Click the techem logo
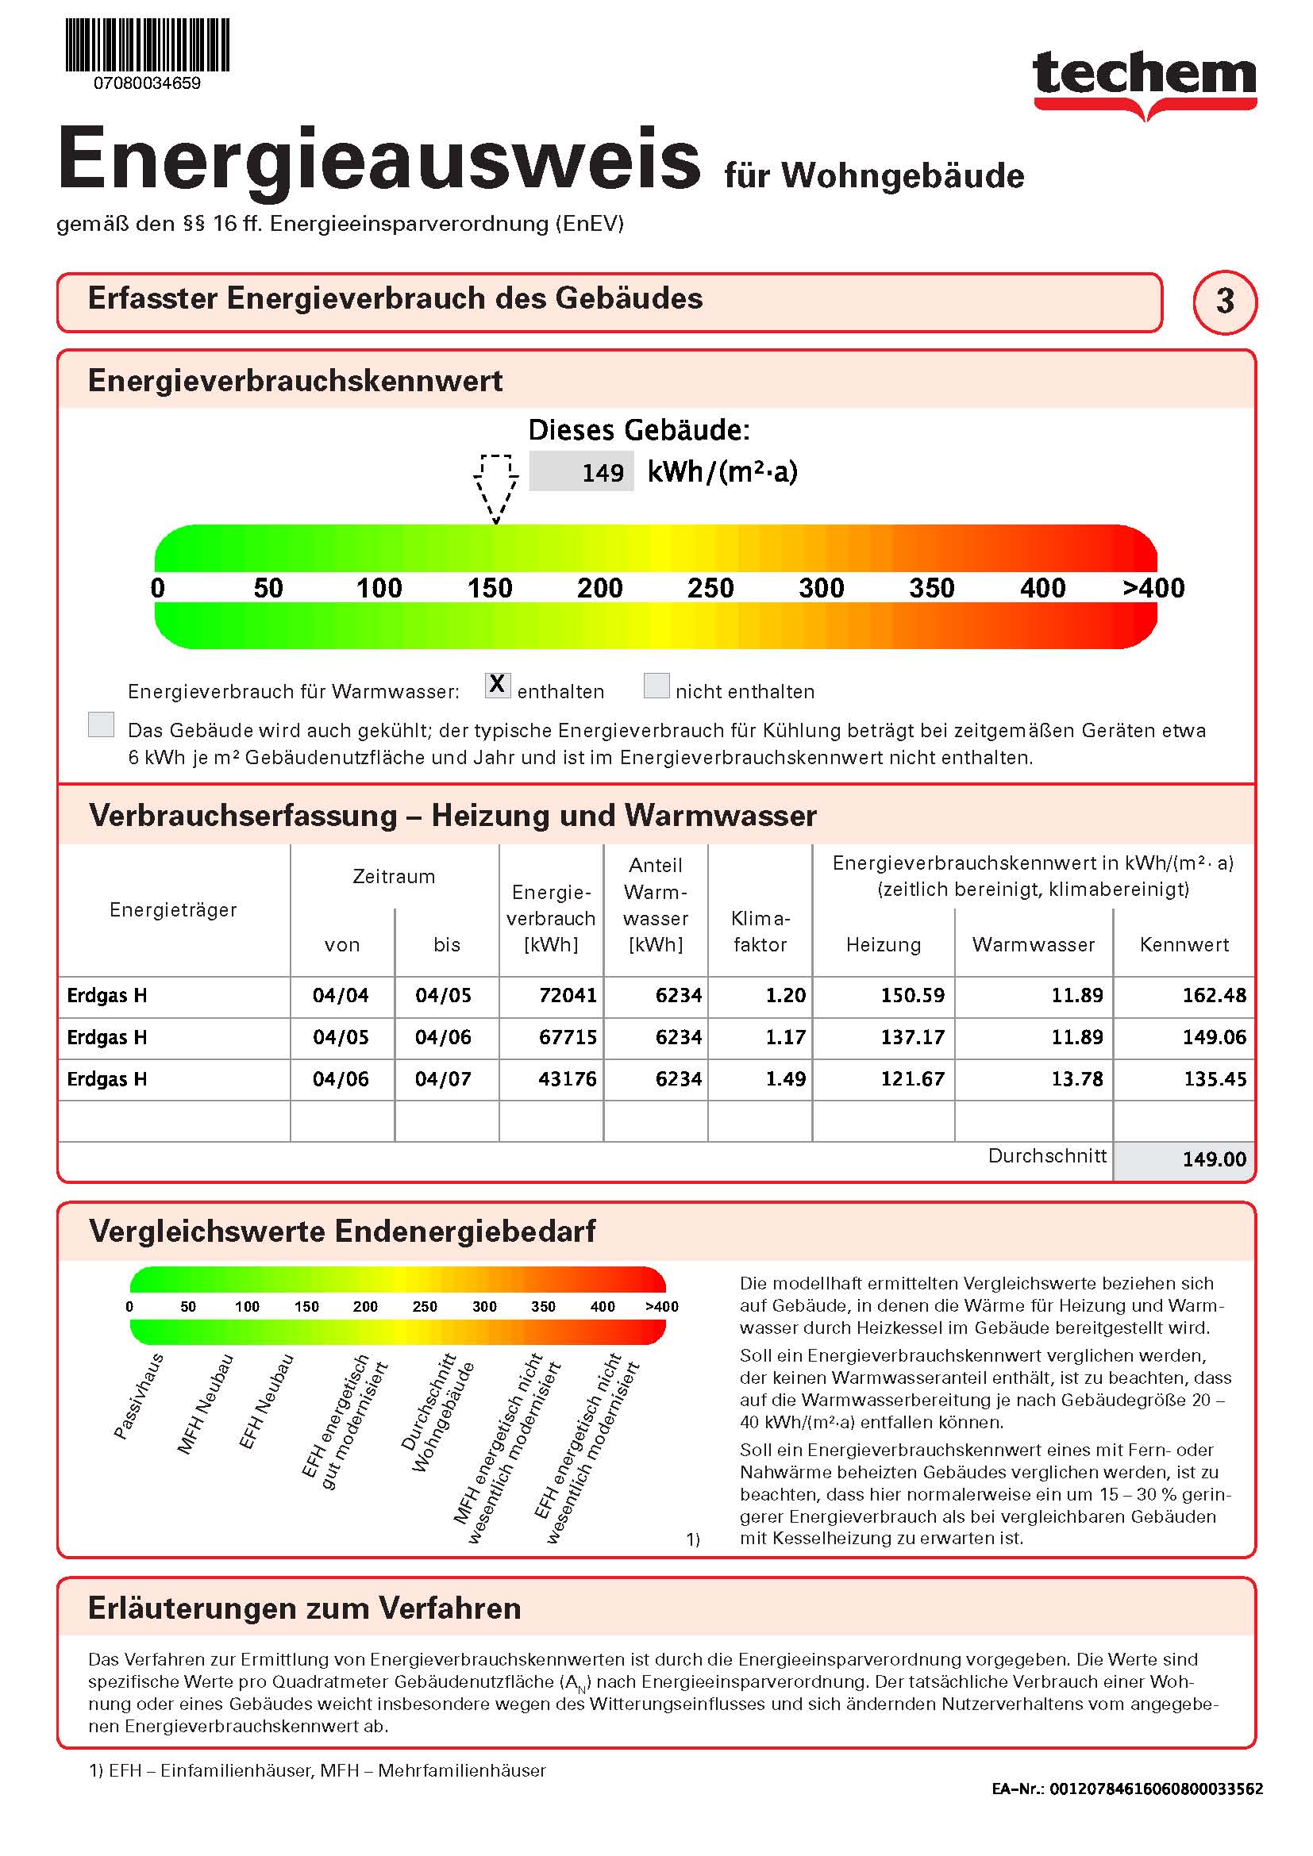point(1144,81)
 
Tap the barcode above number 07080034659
point(147,45)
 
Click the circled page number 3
point(1224,302)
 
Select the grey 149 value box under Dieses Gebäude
point(581,471)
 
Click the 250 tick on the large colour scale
point(710,588)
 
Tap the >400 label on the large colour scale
point(1153,588)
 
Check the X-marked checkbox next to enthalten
point(497,685)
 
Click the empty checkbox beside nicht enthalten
point(656,686)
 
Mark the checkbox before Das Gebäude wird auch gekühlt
point(101,724)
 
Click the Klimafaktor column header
point(760,932)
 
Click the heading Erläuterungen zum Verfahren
point(304,1608)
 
